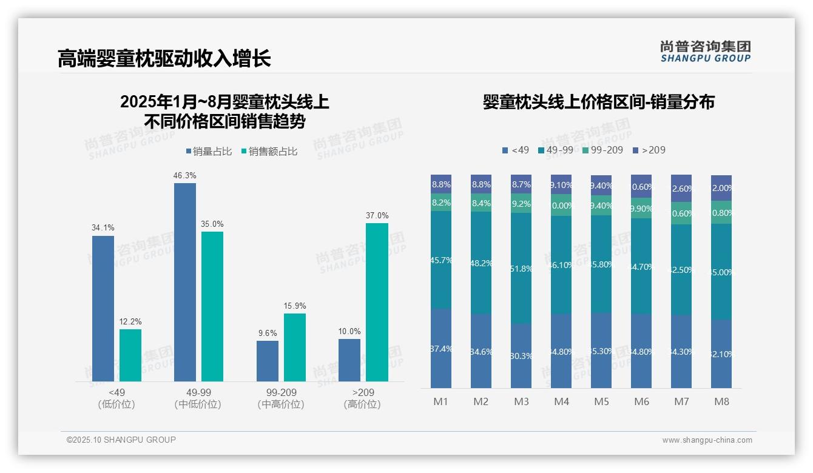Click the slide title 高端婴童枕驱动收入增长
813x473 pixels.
164,58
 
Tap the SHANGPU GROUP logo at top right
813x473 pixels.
705,52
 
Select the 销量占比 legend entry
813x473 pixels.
209,152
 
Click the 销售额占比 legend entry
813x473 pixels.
269,152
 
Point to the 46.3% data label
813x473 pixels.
185,175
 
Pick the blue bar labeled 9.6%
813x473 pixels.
268,361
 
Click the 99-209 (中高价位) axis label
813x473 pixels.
281,398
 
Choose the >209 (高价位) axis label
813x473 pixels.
362,398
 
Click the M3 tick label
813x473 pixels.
521,401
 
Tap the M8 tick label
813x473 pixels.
721,401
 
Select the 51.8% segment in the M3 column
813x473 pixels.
521,268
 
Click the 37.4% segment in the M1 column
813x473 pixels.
441,348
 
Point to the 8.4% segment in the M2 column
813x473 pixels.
481,203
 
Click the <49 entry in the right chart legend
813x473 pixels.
516,150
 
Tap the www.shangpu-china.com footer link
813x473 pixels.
707,440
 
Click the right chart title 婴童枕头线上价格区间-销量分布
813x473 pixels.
598,102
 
